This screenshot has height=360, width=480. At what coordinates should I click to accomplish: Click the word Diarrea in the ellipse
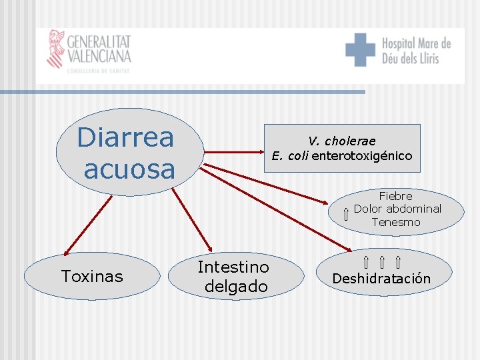click(125, 138)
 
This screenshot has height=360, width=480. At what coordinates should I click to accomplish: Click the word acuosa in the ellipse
click(129, 169)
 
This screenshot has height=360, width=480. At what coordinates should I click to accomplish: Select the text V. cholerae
click(341, 141)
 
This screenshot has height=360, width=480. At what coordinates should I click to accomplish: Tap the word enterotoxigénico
click(362, 157)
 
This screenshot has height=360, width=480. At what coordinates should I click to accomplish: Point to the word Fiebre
click(396, 196)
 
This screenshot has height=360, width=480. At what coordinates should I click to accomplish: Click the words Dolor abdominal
click(397, 209)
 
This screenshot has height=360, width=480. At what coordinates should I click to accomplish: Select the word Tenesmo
click(396, 222)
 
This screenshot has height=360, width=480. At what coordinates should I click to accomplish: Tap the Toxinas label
click(92, 276)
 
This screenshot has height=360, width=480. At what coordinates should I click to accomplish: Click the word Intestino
click(233, 267)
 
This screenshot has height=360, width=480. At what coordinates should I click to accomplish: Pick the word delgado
click(236, 287)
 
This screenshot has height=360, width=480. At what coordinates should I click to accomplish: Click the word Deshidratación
click(381, 279)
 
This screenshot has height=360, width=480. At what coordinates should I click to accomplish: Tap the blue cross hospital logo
click(360, 50)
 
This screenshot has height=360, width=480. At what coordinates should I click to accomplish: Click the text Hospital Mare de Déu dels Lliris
click(415, 51)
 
